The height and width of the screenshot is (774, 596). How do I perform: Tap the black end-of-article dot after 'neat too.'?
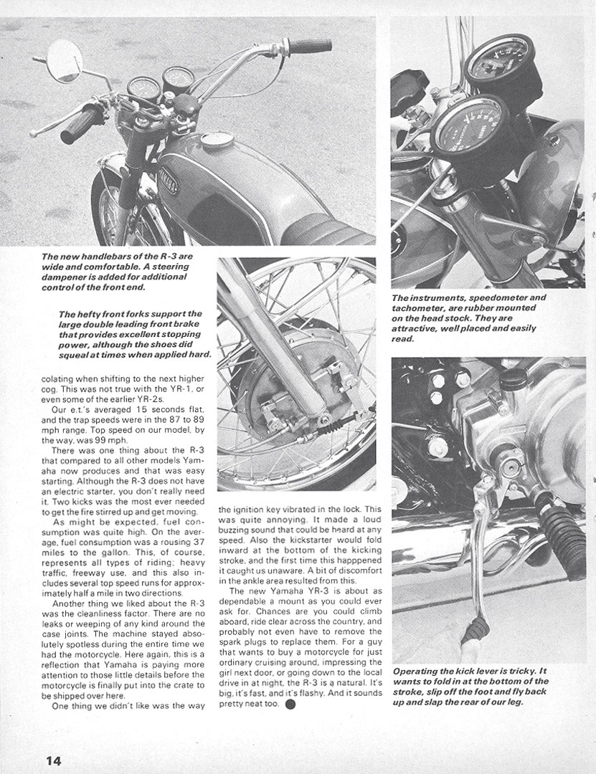tap(290, 703)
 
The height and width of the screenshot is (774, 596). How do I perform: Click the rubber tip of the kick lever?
tap(474, 631)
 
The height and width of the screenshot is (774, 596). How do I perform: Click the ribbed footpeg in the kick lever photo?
tap(560, 527)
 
